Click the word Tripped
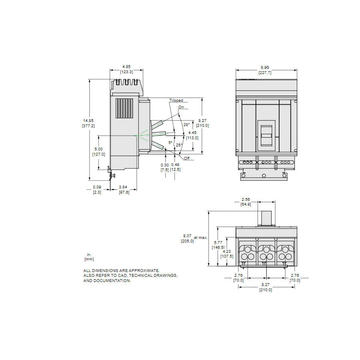pyautogui.click(x=176, y=100)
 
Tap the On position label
pyautogui.click(x=181, y=107)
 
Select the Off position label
pyautogui.click(x=186, y=158)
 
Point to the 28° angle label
pyautogui.click(x=186, y=125)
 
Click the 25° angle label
pyautogui.click(x=179, y=145)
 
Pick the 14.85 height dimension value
pyautogui.click(x=88, y=120)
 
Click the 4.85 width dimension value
pyautogui.click(x=126, y=66)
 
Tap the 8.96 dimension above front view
pyautogui.click(x=265, y=68)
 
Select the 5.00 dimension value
pyautogui.click(x=98, y=149)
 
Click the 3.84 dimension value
pyautogui.click(x=123, y=187)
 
